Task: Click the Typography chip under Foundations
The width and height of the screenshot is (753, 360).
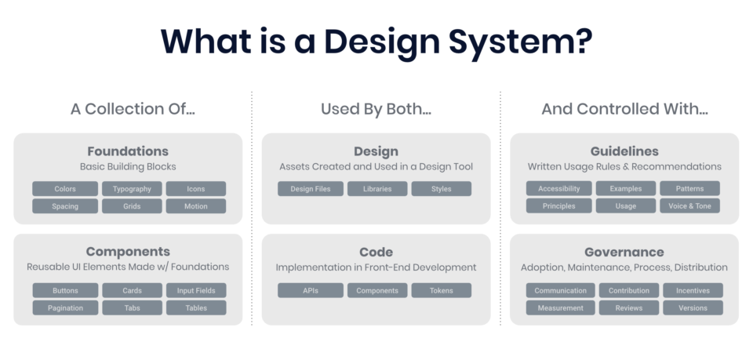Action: click(x=132, y=189)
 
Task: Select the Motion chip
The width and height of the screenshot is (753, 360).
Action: click(x=196, y=206)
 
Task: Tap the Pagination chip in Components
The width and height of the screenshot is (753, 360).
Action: click(x=65, y=307)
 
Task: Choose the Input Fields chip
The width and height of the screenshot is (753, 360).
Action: click(x=196, y=290)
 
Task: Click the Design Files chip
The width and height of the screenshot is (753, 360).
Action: click(x=311, y=189)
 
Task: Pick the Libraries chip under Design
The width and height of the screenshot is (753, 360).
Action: click(x=377, y=189)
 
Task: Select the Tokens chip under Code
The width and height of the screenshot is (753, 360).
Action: click(x=442, y=290)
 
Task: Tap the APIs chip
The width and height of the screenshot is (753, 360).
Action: click(x=311, y=290)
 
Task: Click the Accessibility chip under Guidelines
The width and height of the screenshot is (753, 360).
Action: click(x=559, y=188)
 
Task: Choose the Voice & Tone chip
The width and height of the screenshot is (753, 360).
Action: click(x=689, y=205)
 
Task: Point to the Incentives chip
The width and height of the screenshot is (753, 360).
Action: click(x=693, y=290)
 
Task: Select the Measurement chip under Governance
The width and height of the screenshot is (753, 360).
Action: click(x=560, y=307)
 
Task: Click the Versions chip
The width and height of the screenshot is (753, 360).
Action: click(x=693, y=307)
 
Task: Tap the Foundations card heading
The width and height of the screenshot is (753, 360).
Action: click(x=128, y=151)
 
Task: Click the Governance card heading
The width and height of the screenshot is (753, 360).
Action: click(x=624, y=252)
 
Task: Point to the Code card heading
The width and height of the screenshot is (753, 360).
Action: click(x=376, y=252)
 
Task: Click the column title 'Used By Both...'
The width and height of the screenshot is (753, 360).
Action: click(x=376, y=109)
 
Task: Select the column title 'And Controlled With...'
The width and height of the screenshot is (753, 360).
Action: click(x=625, y=109)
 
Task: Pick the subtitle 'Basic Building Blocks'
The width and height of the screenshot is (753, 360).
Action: click(x=128, y=166)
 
